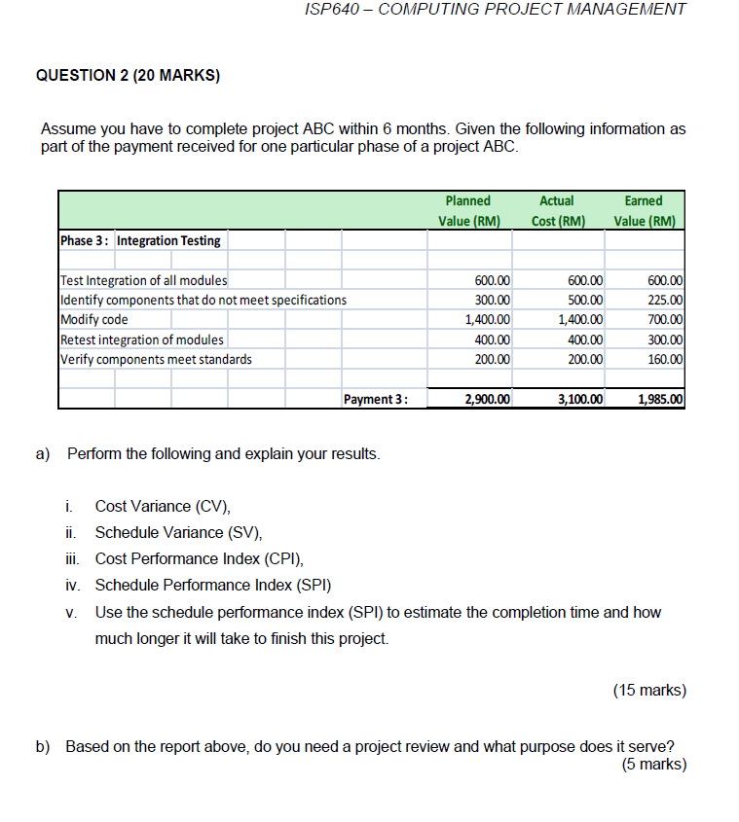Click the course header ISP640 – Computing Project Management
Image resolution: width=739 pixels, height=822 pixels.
[x=495, y=10]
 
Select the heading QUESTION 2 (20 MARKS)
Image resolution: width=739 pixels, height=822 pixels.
[x=128, y=74]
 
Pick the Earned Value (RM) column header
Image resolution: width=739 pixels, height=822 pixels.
[x=644, y=210]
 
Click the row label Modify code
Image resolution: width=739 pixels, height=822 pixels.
[x=94, y=319]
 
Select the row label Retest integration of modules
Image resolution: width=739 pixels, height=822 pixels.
[x=142, y=340]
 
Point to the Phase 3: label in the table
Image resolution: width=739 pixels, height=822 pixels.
[x=86, y=240]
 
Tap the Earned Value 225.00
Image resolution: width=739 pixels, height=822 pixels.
[x=664, y=300]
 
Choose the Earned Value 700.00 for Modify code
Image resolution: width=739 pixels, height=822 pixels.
[x=664, y=319]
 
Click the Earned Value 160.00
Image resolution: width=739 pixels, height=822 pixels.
[x=664, y=359]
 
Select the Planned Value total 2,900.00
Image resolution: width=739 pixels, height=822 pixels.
[x=488, y=399]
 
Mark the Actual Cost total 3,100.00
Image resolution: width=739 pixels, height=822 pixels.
[x=580, y=399]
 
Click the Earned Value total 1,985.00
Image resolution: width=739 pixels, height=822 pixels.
[x=660, y=399]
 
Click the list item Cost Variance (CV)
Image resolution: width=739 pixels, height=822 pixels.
[x=163, y=506]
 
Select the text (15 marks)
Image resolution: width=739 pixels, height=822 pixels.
[x=649, y=691]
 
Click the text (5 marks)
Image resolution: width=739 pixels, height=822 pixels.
[x=653, y=765]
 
